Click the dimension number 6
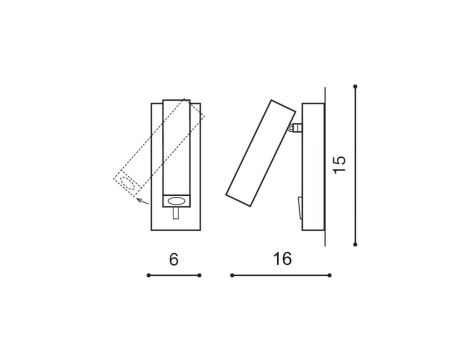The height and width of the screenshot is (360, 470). tap(174, 258)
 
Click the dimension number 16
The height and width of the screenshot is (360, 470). tap(281, 258)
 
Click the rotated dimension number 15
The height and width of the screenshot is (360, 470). tap(341, 164)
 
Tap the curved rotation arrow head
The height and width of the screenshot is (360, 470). tap(138, 200)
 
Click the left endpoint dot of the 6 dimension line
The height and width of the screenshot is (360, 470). tap(148, 275)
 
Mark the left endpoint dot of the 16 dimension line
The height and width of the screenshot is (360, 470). tap(232, 275)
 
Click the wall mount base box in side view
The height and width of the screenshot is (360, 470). tap(311, 165)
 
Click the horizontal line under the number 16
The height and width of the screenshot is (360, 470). tap(280, 275)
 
